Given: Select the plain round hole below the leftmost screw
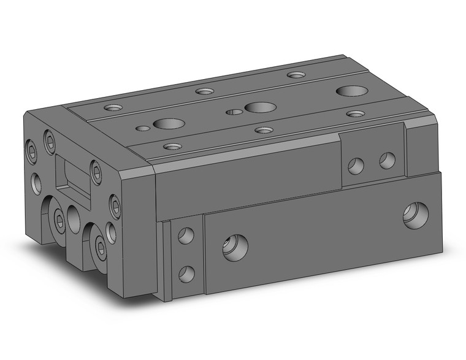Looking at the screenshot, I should click(36, 182).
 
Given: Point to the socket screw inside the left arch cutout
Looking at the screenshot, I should click(59, 221).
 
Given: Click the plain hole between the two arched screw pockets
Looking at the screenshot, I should click(75, 218).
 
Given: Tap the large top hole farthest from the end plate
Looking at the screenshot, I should click(348, 91).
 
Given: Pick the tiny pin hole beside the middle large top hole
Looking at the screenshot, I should click(233, 112).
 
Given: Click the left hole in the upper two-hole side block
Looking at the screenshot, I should click(355, 164).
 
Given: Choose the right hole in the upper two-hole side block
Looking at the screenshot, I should click(387, 161).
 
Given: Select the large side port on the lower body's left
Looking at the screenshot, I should click(235, 247).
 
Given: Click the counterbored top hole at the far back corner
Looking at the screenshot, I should click(297, 75).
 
